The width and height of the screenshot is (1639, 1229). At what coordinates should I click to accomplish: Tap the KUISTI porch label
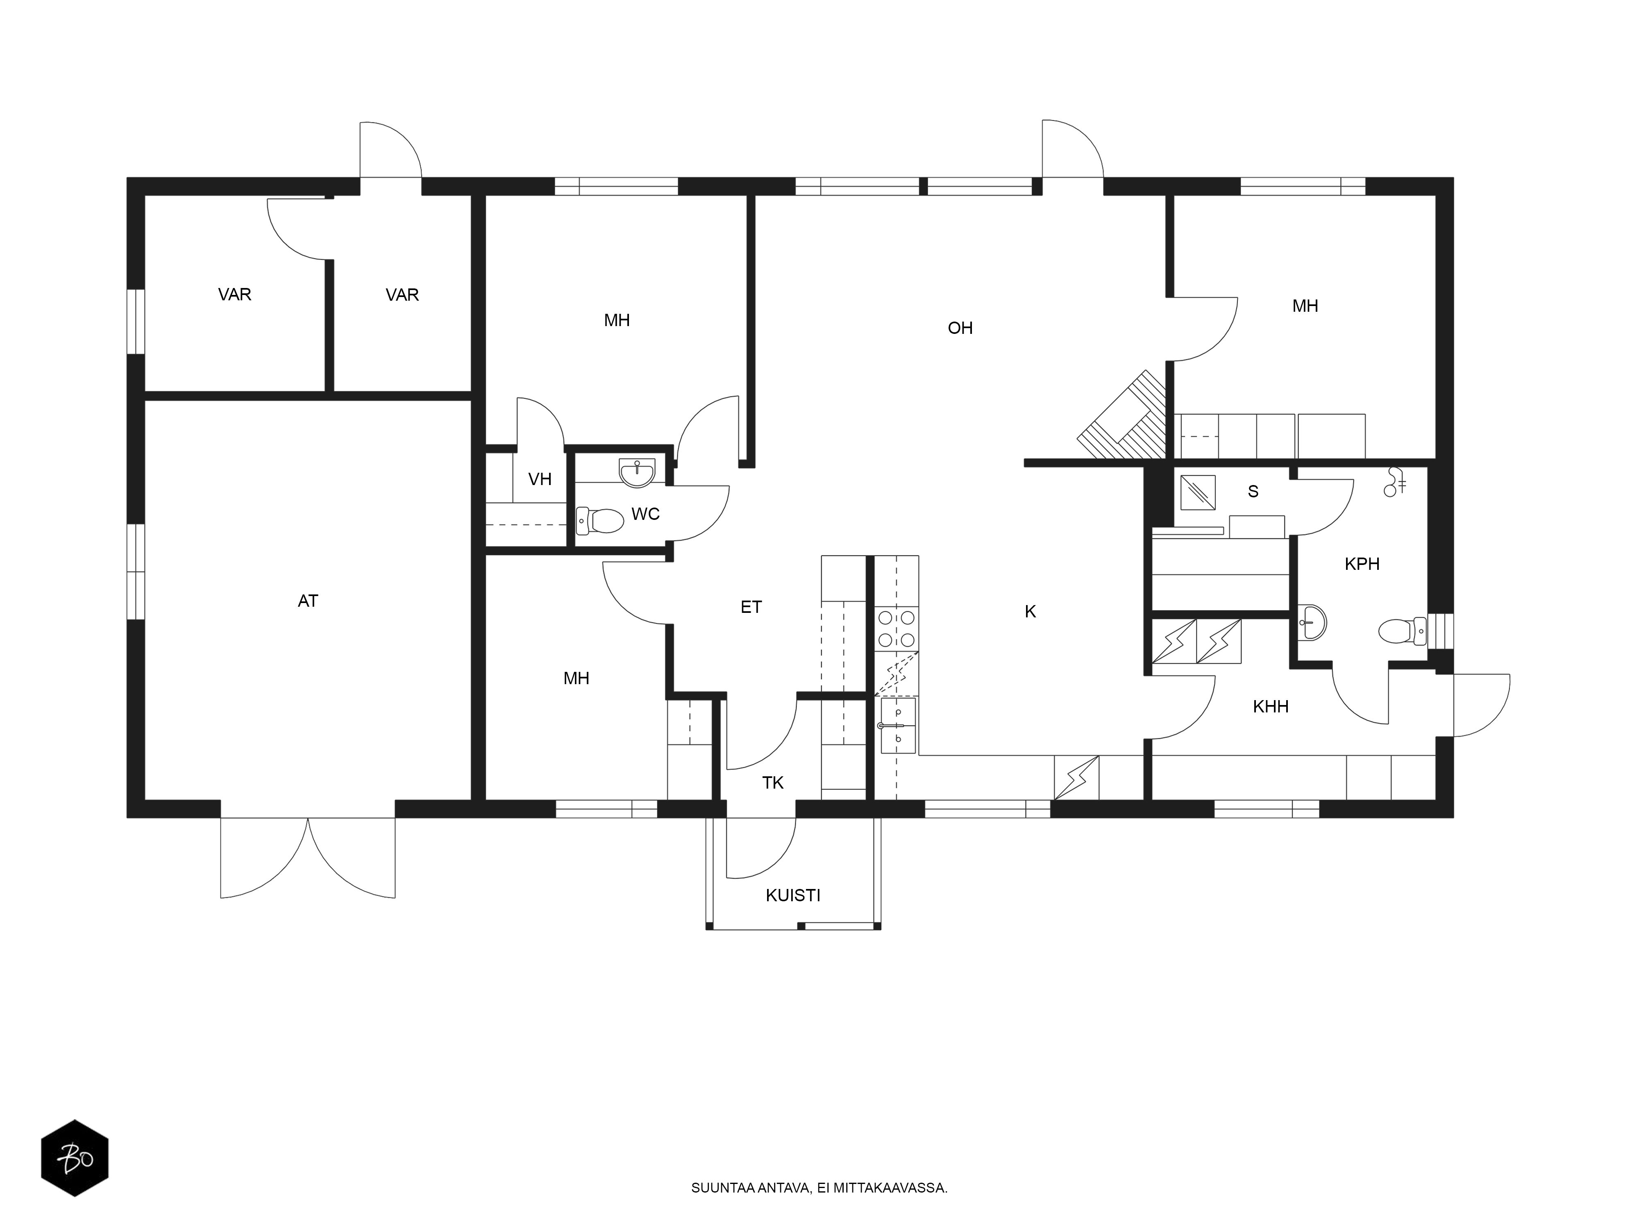(x=793, y=896)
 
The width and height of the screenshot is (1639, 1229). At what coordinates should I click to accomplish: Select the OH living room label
(x=960, y=328)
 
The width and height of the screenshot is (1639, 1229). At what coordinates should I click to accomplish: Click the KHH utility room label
(x=1271, y=707)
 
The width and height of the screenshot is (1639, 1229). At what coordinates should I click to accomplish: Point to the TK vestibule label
(x=773, y=783)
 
